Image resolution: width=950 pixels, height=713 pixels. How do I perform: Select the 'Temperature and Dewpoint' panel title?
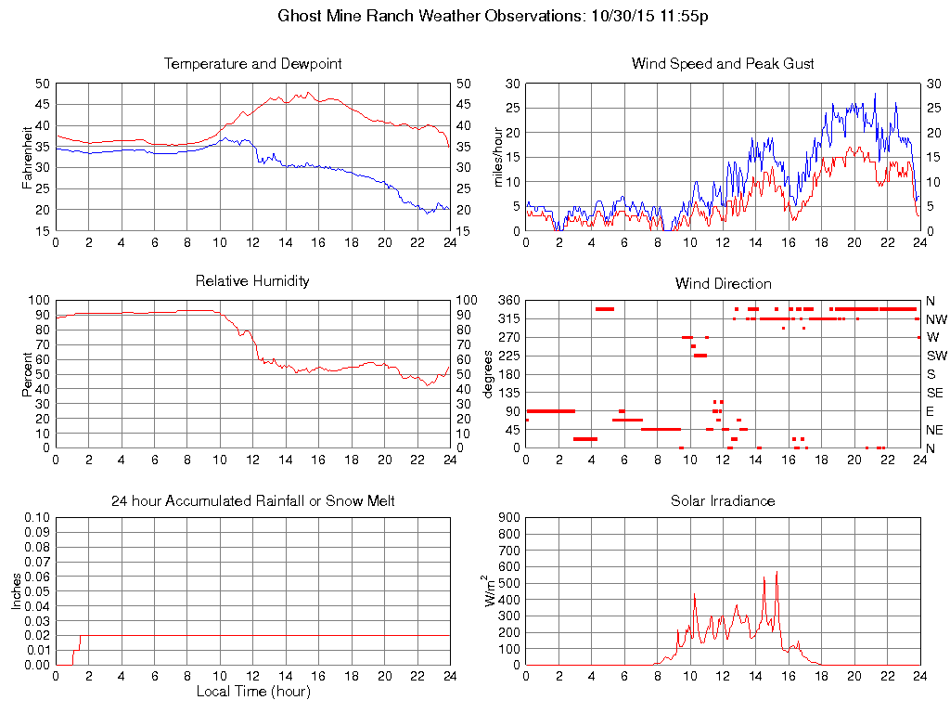tap(253, 64)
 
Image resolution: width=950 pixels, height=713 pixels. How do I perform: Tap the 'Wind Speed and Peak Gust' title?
tap(723, 64)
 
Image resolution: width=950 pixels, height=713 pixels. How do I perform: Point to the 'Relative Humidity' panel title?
tap(253, 280)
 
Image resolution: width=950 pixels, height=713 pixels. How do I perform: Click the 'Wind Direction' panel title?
tap(723, 283)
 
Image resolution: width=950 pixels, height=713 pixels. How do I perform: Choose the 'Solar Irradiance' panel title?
tap(723, 500)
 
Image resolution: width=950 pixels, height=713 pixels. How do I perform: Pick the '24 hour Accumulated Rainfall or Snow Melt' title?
tap(253, 500)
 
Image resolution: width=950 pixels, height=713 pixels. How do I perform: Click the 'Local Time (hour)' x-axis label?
tap(253, 692)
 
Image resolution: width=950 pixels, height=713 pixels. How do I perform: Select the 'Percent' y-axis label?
tap(28, 374)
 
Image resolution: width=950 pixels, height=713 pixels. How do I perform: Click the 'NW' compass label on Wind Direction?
tap(936, 318)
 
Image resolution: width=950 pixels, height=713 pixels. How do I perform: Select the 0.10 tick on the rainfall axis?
tap(37, 517)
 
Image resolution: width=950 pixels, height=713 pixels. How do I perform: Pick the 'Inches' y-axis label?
tap(17, 590)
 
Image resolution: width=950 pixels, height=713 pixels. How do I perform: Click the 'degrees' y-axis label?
tap(488, 374)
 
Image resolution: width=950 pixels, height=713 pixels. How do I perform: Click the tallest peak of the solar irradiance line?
tap(776, 573)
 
